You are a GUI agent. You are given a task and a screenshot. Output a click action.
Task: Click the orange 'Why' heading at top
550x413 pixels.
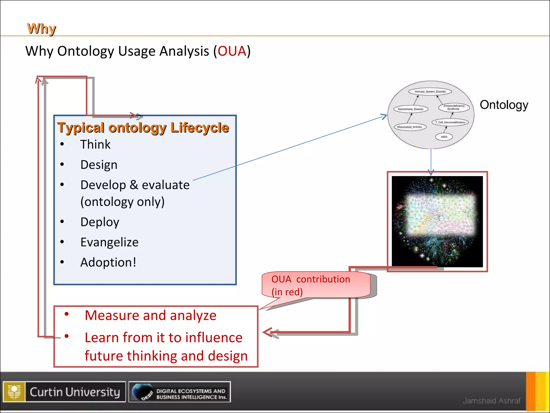[41, 29]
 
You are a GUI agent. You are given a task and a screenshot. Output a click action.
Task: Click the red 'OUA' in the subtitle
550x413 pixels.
[232, 51]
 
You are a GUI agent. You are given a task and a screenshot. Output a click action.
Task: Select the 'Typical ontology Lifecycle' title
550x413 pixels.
[143, 127]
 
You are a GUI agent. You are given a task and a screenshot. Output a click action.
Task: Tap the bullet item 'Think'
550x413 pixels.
[95, 144]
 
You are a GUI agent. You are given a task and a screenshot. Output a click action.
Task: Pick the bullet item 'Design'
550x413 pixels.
[99, 165]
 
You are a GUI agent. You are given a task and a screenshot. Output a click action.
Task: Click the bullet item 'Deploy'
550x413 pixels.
[100, 222]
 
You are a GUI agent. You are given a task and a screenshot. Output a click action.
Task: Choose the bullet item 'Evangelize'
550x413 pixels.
[109, 242]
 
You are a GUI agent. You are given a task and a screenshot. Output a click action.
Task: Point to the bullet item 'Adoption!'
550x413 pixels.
[108, 262]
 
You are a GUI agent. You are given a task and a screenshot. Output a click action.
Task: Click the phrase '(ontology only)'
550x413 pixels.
[122, 202]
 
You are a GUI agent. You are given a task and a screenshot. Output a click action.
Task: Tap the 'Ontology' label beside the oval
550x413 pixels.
[504, 105]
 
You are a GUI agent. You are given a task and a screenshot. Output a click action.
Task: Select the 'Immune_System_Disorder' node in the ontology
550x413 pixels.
[430, 92]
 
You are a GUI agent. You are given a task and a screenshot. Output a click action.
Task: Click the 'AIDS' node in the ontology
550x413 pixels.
[444, 137]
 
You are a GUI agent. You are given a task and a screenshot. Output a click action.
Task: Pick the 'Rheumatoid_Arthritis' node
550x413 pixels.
[410, 127]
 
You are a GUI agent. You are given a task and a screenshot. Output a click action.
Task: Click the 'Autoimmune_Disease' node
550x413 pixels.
[411, 109]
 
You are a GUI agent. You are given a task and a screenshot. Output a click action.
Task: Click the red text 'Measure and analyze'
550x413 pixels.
[150, 315]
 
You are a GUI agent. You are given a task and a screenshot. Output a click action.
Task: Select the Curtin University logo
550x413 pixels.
[64, 392]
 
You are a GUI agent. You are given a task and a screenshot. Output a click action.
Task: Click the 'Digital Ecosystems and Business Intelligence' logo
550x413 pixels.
[179, 392]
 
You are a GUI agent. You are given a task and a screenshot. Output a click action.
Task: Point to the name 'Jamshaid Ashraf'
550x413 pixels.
[491, 401]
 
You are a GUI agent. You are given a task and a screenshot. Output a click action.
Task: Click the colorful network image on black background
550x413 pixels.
[437, 222]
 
